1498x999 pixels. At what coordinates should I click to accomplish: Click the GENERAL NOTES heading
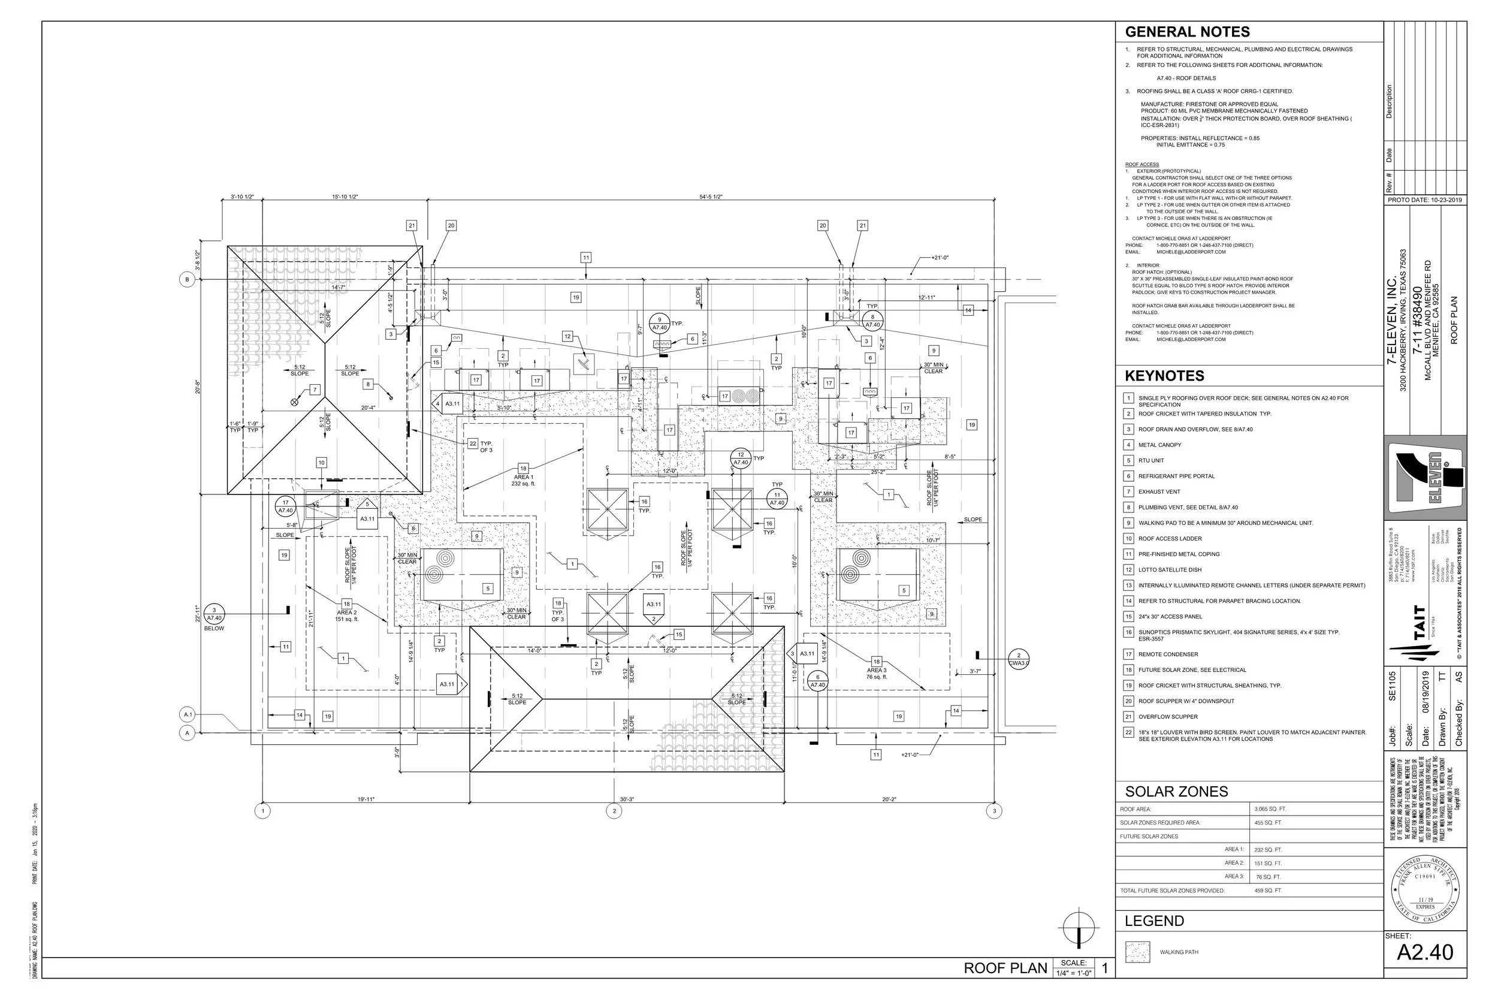(1187, 32)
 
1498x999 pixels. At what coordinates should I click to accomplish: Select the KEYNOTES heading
(1164, 376)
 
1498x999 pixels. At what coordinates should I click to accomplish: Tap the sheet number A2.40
(1425, 952)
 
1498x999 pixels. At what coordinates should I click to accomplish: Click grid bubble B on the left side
(186, 280)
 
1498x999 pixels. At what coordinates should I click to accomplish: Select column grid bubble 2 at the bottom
(614, 811)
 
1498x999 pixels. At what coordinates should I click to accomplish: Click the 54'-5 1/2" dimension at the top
(710, 197)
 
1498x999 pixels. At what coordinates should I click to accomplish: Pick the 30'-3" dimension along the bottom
(627, 799)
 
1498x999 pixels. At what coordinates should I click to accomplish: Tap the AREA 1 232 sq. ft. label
(523, 481)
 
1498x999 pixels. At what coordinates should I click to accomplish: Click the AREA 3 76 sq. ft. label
(877, 674)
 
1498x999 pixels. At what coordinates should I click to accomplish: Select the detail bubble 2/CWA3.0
(1019, 659)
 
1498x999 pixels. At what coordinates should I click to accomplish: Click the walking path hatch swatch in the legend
(1137, 952)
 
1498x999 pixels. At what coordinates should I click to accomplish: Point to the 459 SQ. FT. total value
(1268, 891)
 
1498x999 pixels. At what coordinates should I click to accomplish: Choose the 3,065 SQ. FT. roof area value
(1270, 809)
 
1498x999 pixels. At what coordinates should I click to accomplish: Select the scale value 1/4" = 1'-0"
(1074, 973)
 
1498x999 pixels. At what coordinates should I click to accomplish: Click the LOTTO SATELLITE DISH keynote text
(1170, 569)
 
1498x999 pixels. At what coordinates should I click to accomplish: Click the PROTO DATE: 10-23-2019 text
(1425, 200)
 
